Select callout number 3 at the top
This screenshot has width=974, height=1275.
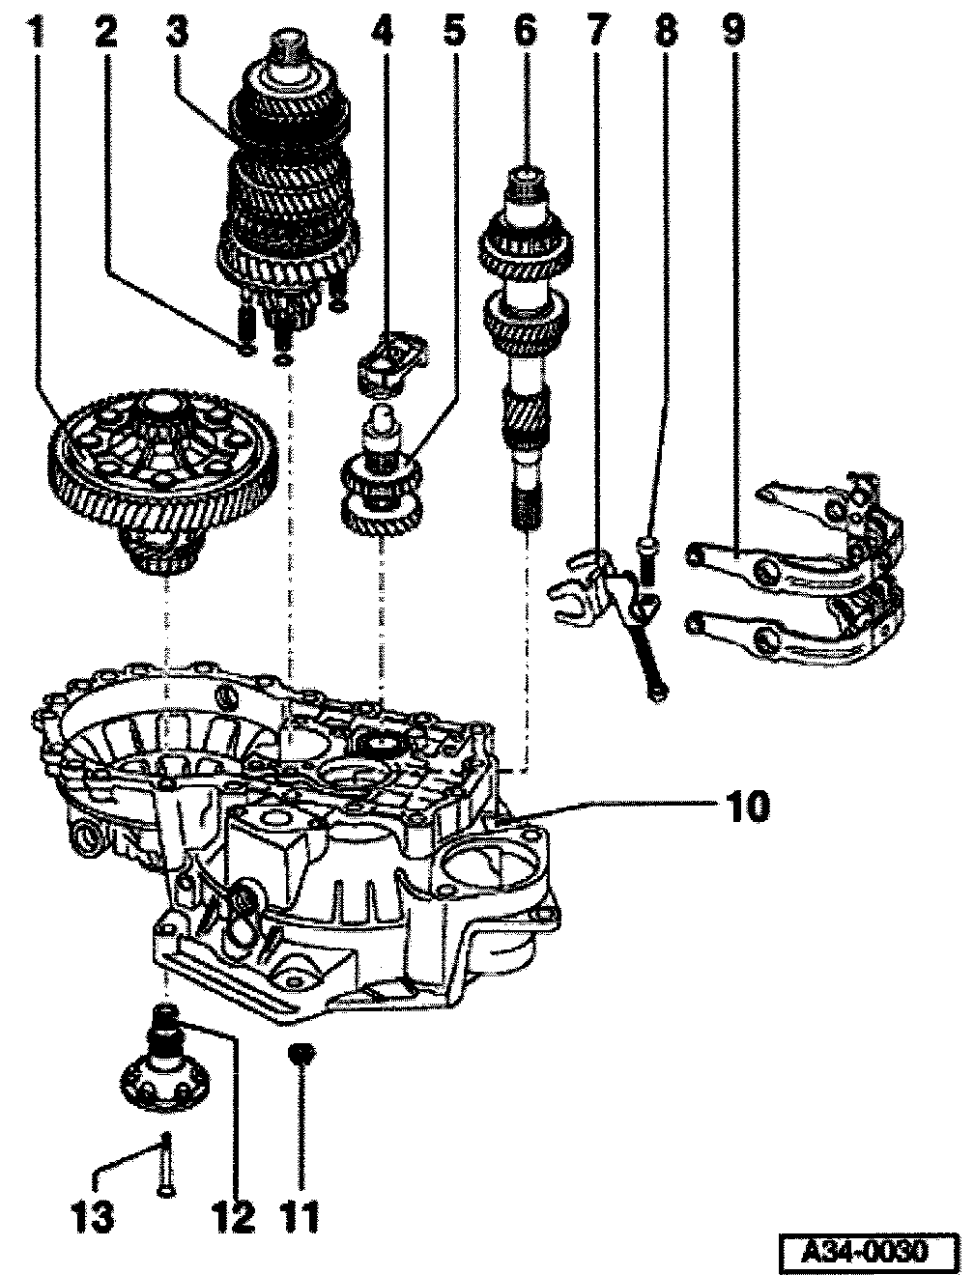[x=177, y=32]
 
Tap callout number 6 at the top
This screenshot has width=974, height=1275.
[x=525, y=32]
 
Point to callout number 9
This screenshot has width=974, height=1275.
[x=733, y=32]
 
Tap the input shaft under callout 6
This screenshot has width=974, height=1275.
[x=527, y=349]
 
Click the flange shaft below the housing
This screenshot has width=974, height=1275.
[x=165, y=1060]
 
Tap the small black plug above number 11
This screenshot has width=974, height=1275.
[x=301, y=1053]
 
